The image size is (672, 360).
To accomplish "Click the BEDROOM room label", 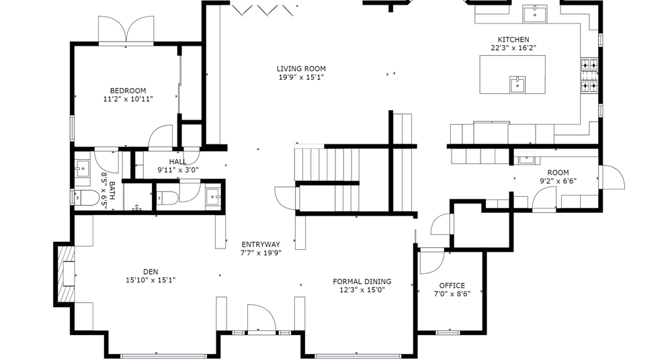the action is click(128, 91).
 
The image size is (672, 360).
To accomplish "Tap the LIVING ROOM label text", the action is click(301, 69).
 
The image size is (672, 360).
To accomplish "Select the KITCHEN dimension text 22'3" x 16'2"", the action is click(513, 48).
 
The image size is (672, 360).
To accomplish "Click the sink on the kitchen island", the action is click(517, 85).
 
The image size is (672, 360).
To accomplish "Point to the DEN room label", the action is click(151, 272).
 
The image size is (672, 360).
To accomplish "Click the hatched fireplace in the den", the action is click(65, 274).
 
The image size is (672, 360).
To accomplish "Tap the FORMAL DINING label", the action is click(362, 281).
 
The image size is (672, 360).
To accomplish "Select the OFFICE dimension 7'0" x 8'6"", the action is click(452, 294).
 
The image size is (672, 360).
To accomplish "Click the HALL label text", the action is click(177, 162).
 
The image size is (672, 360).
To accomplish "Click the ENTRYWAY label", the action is click(261, 244).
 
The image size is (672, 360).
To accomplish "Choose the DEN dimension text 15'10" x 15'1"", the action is click(151, 281).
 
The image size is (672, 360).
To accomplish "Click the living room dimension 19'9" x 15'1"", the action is click(301, 77).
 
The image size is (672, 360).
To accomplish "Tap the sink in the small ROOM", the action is click(525, 159).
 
